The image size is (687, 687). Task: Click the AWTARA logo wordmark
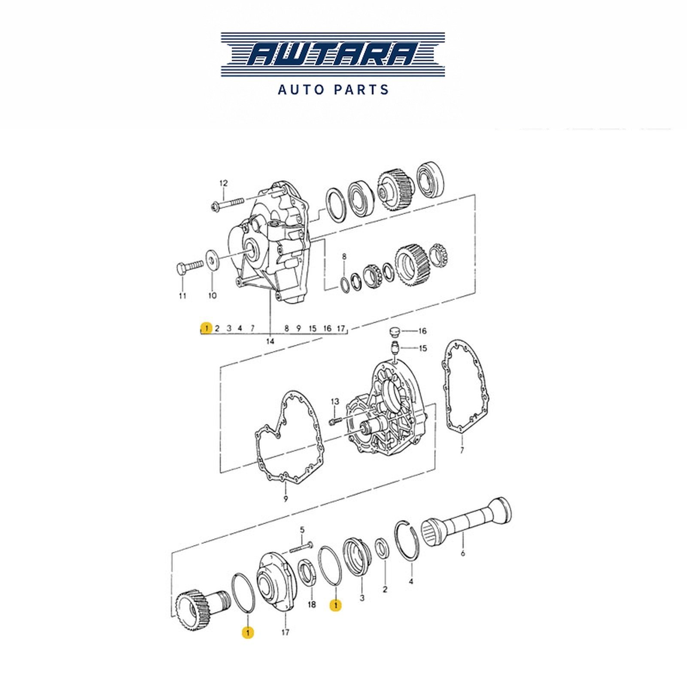[333, 55]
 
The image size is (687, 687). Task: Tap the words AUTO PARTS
[333, 90]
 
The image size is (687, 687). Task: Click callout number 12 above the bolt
[224, 183]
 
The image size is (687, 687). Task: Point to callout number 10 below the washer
[213, 295]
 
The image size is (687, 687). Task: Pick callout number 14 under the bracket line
[270, 341]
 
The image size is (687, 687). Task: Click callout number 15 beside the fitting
[423, 348]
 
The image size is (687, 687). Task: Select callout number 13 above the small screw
[335, 401]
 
